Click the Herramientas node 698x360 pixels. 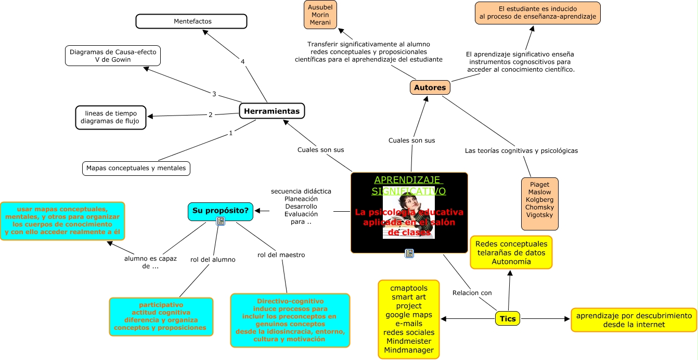272,111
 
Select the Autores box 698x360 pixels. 430,87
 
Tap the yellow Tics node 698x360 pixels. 508,318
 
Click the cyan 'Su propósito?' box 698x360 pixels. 221,211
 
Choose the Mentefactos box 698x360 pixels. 191,21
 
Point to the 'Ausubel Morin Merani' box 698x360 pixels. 320,15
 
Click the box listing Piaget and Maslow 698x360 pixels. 539,203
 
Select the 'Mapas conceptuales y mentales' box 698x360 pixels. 136,168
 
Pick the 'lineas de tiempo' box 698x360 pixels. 111,117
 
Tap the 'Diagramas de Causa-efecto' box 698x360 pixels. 113,56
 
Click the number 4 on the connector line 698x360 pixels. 242,62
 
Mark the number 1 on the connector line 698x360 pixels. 230,133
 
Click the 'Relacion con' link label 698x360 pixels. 472,292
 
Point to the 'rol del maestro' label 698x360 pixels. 281,255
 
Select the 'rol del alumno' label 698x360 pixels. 213,259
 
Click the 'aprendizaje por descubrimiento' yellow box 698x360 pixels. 634,319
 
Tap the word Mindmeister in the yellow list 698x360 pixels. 408,341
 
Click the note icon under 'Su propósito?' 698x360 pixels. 221,221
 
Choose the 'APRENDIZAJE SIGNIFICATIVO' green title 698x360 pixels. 409,185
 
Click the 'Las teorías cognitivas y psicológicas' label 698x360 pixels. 521,151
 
